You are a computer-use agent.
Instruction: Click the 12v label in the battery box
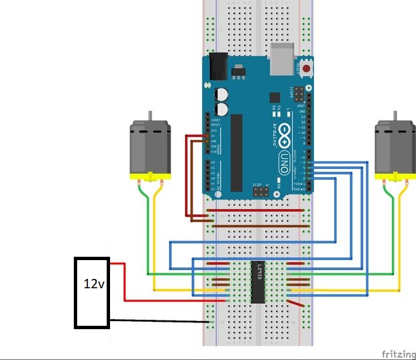point(93,284)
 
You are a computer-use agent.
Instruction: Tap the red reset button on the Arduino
point(307,68)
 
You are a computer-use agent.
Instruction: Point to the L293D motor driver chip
point(259,282)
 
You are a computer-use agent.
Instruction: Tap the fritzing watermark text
point(398,353)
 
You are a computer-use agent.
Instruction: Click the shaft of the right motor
point(397,116)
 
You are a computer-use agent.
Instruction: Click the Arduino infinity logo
point(284,134)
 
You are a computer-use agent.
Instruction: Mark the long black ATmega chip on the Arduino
point(237,152)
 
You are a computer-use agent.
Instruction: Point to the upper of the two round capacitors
point(222,95)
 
